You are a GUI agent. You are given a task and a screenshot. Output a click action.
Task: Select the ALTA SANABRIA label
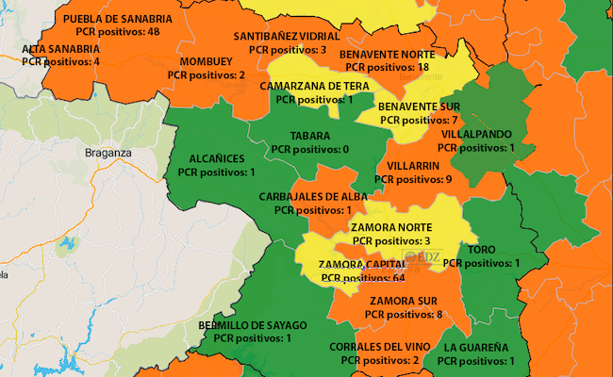60,49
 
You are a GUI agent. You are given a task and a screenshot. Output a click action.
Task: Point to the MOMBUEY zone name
207,62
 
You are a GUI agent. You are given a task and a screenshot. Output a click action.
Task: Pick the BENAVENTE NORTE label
387,55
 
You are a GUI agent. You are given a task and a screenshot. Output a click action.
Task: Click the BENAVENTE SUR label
418,107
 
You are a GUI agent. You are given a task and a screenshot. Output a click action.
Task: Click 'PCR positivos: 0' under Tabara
309,150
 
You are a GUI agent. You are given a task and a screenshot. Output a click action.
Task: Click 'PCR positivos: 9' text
413,179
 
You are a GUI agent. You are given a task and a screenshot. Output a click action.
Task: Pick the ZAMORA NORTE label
390,228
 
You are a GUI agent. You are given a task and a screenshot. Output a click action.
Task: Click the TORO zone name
481,250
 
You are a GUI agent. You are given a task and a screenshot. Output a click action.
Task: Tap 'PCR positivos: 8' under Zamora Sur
404,314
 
